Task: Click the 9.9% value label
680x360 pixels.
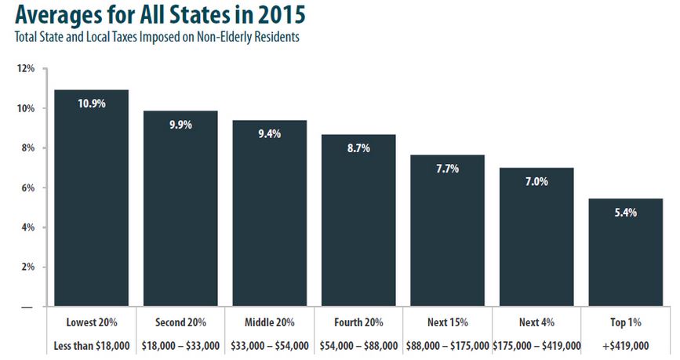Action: [180, 124]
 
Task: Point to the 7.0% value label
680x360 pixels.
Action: [536, 181]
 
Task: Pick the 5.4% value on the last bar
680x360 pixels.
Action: [626, 212]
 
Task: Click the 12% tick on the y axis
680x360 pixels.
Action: [26, 69]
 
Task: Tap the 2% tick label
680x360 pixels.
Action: [27, 267]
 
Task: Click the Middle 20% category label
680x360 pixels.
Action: [269, 322]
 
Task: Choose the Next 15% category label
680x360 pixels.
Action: [447, 322]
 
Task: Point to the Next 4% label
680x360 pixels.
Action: [536, 322]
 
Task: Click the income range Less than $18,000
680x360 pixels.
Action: [91, 345]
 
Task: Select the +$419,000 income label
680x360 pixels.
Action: [626, 345]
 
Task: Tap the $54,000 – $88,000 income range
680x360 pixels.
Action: [358, 345]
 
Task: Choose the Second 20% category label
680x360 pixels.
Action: [180, 322]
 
